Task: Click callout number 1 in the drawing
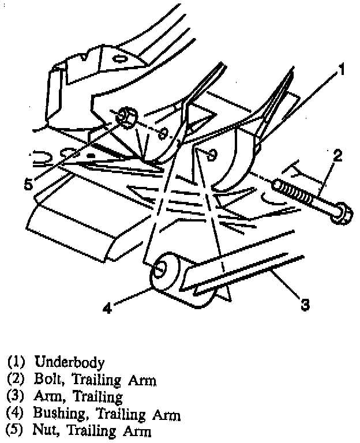click(341, 70)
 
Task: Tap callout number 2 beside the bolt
click(337, 155)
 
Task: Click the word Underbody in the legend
click(70, 362)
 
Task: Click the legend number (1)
click(17, 362)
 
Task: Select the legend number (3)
click(17, 397)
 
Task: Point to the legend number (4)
click(17, 414)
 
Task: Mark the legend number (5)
click(14, 430)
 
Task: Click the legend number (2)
click(17, 380)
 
